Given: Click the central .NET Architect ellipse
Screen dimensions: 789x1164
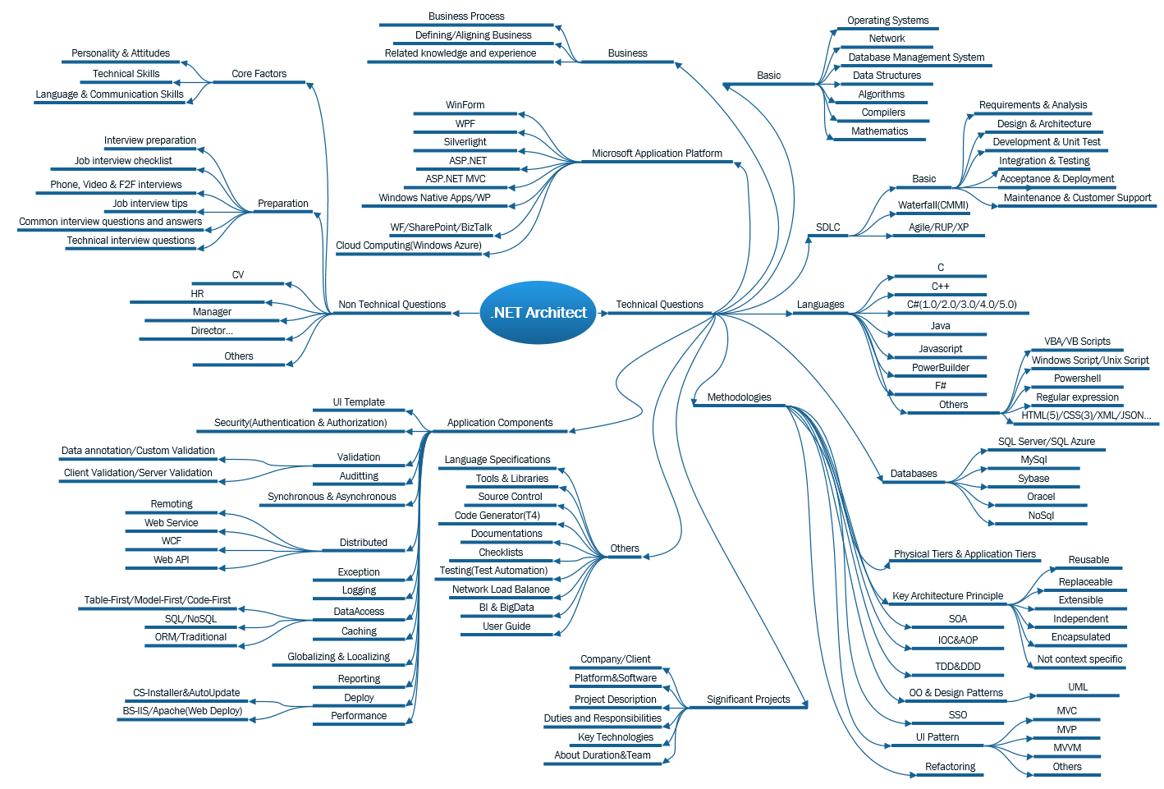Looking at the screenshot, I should coord(539,312).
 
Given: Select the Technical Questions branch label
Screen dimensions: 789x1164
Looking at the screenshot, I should coord(659,305).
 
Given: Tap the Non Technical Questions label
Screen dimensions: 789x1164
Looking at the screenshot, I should coord(392,305).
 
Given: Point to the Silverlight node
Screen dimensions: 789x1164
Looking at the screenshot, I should coord(465,142).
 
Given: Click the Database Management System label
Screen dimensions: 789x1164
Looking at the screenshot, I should coord(916,57).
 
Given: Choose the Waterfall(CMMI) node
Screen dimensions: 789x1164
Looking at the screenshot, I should coord(933,205).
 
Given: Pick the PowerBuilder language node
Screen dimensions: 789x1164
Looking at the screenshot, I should coord(940,368).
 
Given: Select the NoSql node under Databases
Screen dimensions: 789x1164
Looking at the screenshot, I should coord(1041,516).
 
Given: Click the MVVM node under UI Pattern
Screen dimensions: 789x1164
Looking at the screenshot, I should coord(1067,748).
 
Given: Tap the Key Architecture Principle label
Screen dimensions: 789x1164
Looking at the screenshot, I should coord(947,596).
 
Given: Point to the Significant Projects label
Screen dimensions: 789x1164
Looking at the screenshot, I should coord(748,700).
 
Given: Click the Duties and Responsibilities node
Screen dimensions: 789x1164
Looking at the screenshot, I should coord(603,718).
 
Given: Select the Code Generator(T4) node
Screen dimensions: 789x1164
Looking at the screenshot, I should coord(497,516).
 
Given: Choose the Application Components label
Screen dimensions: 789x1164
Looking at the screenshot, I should coord(499,423).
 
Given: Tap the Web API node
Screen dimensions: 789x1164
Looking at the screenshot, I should coord(171,560).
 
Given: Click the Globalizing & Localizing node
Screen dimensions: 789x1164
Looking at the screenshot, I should coord(338,657).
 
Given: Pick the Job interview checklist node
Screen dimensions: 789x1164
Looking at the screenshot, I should coord(123,161).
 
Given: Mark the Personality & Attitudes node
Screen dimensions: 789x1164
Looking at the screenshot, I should coord(121,53).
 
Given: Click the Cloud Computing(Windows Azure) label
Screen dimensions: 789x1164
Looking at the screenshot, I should coord(408,245).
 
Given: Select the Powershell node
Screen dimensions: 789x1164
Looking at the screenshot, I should coord(1077,378).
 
